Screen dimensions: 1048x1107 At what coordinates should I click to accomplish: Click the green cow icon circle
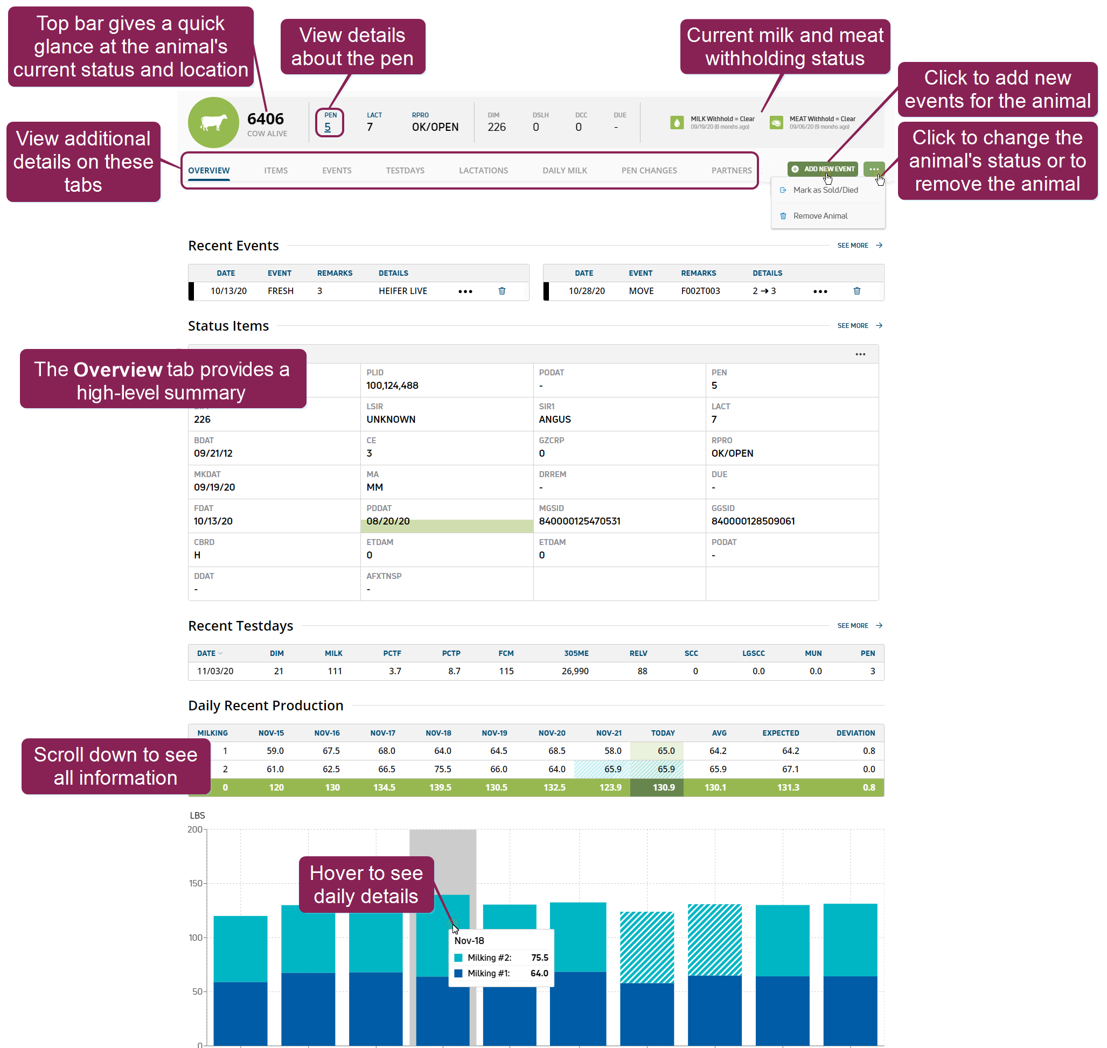[x=213, y=122]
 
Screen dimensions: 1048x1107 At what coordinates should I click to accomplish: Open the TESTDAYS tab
[x=405, y=170]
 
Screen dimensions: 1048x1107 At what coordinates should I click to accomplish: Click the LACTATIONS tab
[x=483, y=170]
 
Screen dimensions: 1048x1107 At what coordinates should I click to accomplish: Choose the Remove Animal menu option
[x=820, y=215]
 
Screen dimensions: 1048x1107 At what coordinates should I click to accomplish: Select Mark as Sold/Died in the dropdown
[x=825, y=190]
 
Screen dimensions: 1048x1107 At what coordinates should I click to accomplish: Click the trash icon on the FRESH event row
[x=502, y=291]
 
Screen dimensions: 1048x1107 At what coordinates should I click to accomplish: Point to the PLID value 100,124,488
[x=392, y=386]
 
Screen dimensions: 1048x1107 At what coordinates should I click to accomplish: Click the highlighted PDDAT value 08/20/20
[x=388, y=521]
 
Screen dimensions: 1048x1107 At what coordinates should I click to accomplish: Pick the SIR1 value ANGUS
[x=554, y=420]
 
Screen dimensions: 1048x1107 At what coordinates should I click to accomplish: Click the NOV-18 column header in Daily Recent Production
[x=438, y=733]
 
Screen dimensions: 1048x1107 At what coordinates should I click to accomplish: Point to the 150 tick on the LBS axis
[x=195, y=883]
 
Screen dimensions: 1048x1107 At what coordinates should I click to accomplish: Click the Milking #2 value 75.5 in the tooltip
[x=539, y=958]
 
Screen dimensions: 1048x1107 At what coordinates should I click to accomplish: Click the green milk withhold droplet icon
[x=676, y=122]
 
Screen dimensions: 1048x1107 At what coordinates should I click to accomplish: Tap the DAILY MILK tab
[x=565, y=170]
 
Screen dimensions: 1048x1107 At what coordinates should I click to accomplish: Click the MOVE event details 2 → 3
[x=763, y=291]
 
